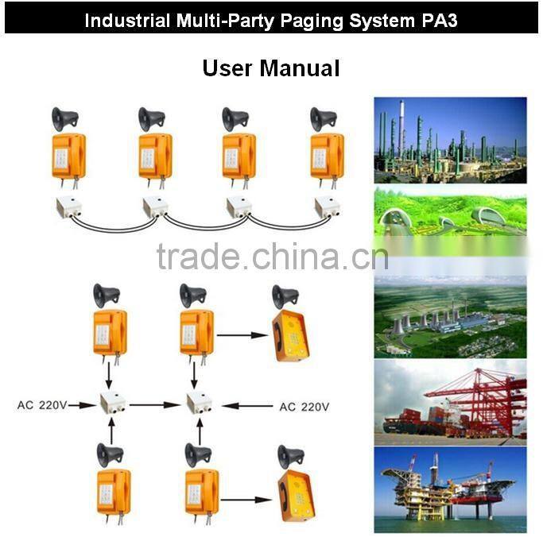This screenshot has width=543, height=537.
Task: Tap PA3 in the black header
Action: (438, 20)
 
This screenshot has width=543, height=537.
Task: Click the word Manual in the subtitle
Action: (303, 68)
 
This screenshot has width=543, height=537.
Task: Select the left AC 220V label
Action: (41, 405)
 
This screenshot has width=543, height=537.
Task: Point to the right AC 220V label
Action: (304, 407)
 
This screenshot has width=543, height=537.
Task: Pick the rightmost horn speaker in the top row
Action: (323, 119)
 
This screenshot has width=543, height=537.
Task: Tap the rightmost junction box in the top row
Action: (328, 207)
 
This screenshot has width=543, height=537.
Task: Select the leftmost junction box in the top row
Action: (66, 207)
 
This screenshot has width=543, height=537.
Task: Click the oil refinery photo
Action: (450, 140)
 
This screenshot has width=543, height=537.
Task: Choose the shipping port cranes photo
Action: (450, 402)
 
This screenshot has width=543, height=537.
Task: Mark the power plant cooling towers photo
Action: (450, 316)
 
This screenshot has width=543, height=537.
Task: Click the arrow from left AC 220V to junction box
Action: (81, 405)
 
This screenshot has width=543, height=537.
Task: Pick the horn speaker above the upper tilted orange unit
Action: (285, 296)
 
